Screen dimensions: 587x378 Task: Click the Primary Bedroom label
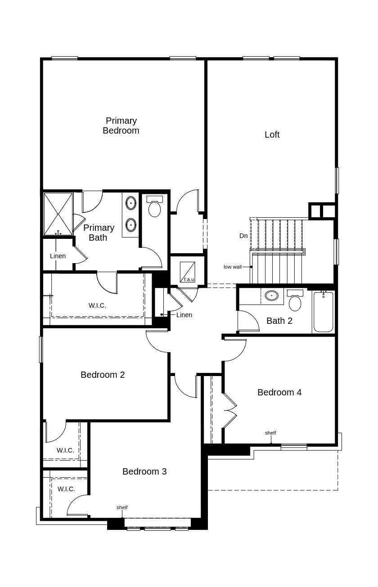click(x=121, y=125)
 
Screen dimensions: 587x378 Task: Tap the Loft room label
click(x=272, y=134)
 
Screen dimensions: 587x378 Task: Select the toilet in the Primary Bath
click(x=154, y=207)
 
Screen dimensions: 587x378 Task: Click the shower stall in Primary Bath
click(x=58, y=214)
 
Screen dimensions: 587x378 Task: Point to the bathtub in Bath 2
click(x=323, y=312)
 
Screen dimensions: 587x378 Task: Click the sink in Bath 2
click(x=271, y=296)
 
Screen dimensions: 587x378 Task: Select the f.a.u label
click(x=189, y=279)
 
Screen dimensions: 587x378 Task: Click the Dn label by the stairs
click(x=243, y=236)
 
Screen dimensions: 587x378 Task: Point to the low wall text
click(x=233, y=267)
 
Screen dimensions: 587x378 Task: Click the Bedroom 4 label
click(x=279, y=392)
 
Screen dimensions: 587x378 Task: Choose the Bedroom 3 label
click(x=144, y=471)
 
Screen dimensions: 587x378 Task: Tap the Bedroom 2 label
click(x=103, y=375)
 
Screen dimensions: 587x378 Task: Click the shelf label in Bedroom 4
click(x=270, y=433)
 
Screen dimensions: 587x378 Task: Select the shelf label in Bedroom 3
click(x=122, y=507)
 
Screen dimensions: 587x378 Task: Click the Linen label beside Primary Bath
click(x=58, y=256)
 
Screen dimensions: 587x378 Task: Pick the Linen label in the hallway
click(x=184, y=315)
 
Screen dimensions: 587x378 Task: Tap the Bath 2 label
click(x=279, y=321)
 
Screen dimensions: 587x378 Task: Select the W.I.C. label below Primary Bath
click(x=97, y=305)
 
